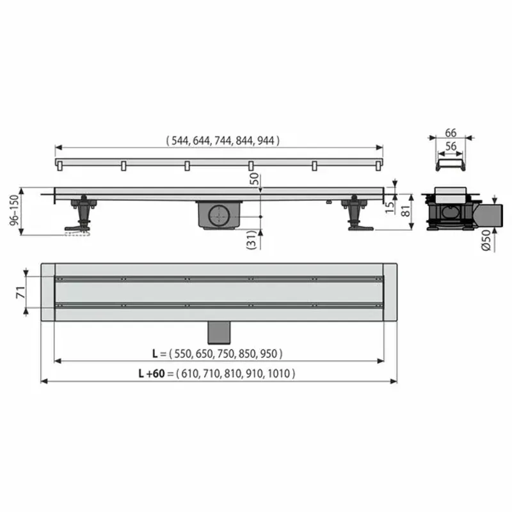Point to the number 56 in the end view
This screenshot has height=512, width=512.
(x=450, y=147)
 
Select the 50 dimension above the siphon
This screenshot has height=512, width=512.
(x=255, y=179)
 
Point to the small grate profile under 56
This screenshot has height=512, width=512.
(x=450, y=165)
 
